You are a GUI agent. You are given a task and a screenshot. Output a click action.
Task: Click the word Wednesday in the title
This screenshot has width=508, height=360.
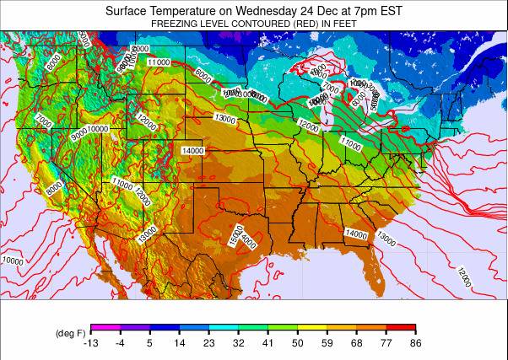(x=254, y=11)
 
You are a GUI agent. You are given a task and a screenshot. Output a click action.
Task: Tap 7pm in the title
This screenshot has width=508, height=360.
(x=354, y=11)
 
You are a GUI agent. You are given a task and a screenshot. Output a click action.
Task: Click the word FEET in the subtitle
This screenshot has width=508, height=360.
(x=343, y=24)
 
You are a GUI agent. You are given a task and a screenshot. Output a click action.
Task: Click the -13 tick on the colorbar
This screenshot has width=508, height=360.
(x=91, y=343)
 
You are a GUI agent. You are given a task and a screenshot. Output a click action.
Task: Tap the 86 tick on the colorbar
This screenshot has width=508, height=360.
(x=415, y=343)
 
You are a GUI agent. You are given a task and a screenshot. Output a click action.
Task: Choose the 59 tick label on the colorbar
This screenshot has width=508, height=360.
(x=327, y=343)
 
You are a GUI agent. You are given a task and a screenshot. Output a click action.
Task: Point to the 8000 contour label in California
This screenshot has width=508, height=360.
(x=54, y=188)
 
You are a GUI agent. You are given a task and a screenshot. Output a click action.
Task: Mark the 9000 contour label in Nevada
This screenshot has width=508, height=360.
(x=79, y=134)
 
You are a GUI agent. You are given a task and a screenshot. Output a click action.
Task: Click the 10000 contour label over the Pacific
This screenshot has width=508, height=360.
(x=13, y=261)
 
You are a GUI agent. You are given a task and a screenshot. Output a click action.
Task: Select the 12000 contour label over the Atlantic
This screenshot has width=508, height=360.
(x=462, y=276)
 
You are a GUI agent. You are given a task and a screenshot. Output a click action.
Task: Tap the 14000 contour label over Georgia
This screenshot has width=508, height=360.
(x=356, y=234)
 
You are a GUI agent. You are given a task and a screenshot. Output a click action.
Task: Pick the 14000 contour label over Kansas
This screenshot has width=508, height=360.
(x=193, y=151)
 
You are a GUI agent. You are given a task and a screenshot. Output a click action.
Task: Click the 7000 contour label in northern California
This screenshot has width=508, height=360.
(x=44, y=123)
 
